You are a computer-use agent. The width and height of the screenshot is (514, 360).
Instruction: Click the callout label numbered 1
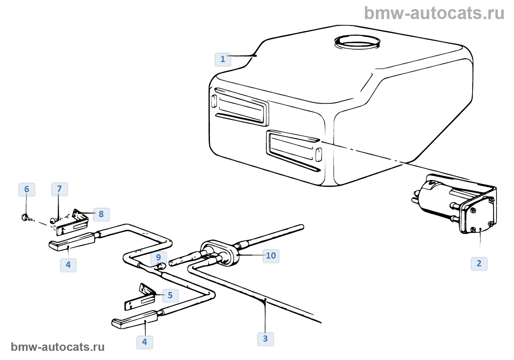223,59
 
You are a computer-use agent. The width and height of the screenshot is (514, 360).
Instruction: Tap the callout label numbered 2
479,263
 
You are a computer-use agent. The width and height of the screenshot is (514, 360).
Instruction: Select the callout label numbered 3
265,338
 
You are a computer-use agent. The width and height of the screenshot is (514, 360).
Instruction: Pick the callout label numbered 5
170,295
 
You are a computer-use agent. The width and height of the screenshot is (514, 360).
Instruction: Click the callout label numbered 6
27,189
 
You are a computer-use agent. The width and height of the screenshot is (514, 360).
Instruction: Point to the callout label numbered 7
59,189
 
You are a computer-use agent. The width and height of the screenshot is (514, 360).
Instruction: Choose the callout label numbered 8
101,214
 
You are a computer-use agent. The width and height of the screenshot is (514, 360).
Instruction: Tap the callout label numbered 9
158,257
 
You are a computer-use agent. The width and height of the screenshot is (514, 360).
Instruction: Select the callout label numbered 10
271,256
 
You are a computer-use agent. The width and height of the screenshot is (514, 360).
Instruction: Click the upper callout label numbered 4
68,264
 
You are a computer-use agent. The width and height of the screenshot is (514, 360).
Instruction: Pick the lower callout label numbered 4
145,342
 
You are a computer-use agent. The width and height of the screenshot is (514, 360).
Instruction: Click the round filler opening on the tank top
357,42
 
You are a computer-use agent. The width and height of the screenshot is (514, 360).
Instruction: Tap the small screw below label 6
25,217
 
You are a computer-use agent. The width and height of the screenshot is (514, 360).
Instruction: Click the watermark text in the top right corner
434,13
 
